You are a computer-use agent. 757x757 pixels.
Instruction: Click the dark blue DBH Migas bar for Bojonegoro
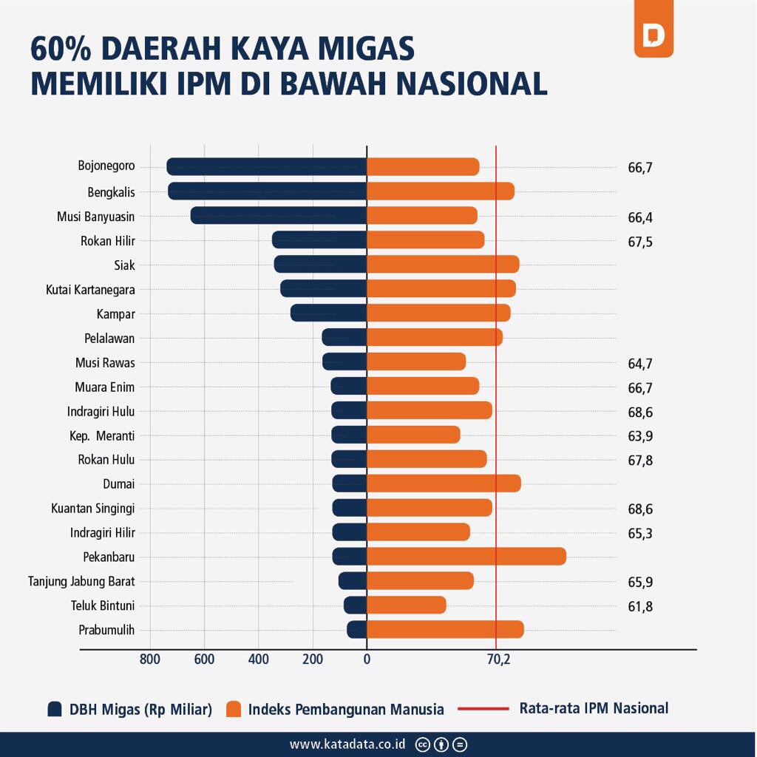[x=266, y=167]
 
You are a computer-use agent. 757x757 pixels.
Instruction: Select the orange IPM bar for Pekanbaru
[x=466, y=557]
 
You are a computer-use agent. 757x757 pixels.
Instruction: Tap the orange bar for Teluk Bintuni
[x=406, y=605]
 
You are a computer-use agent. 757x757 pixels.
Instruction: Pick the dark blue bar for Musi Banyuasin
[x=278, y=216]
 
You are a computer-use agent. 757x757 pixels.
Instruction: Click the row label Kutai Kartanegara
[x=90, y=289]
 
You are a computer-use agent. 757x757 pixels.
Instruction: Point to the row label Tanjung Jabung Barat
[x=81, y=581]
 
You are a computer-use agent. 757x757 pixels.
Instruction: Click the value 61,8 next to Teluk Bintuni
[x=640, y=607]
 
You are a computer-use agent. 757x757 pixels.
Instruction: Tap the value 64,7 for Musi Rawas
[x=640, y=364]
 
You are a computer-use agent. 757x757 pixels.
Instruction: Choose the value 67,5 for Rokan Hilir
[x=640, y=242]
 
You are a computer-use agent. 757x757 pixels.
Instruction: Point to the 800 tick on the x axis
[x=149, y=660]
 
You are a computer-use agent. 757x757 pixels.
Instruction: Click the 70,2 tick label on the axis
[x=498, y=660]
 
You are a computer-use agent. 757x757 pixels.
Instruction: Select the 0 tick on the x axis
[x=367, y=660]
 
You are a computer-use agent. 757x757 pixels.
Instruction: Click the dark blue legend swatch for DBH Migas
[x=55, y=709]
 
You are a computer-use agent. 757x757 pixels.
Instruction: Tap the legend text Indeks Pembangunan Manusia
[x=346, y=709]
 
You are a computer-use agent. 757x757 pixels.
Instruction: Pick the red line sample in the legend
[x=483, y=708]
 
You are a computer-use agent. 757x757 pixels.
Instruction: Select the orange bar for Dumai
[x=443, y=483]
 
